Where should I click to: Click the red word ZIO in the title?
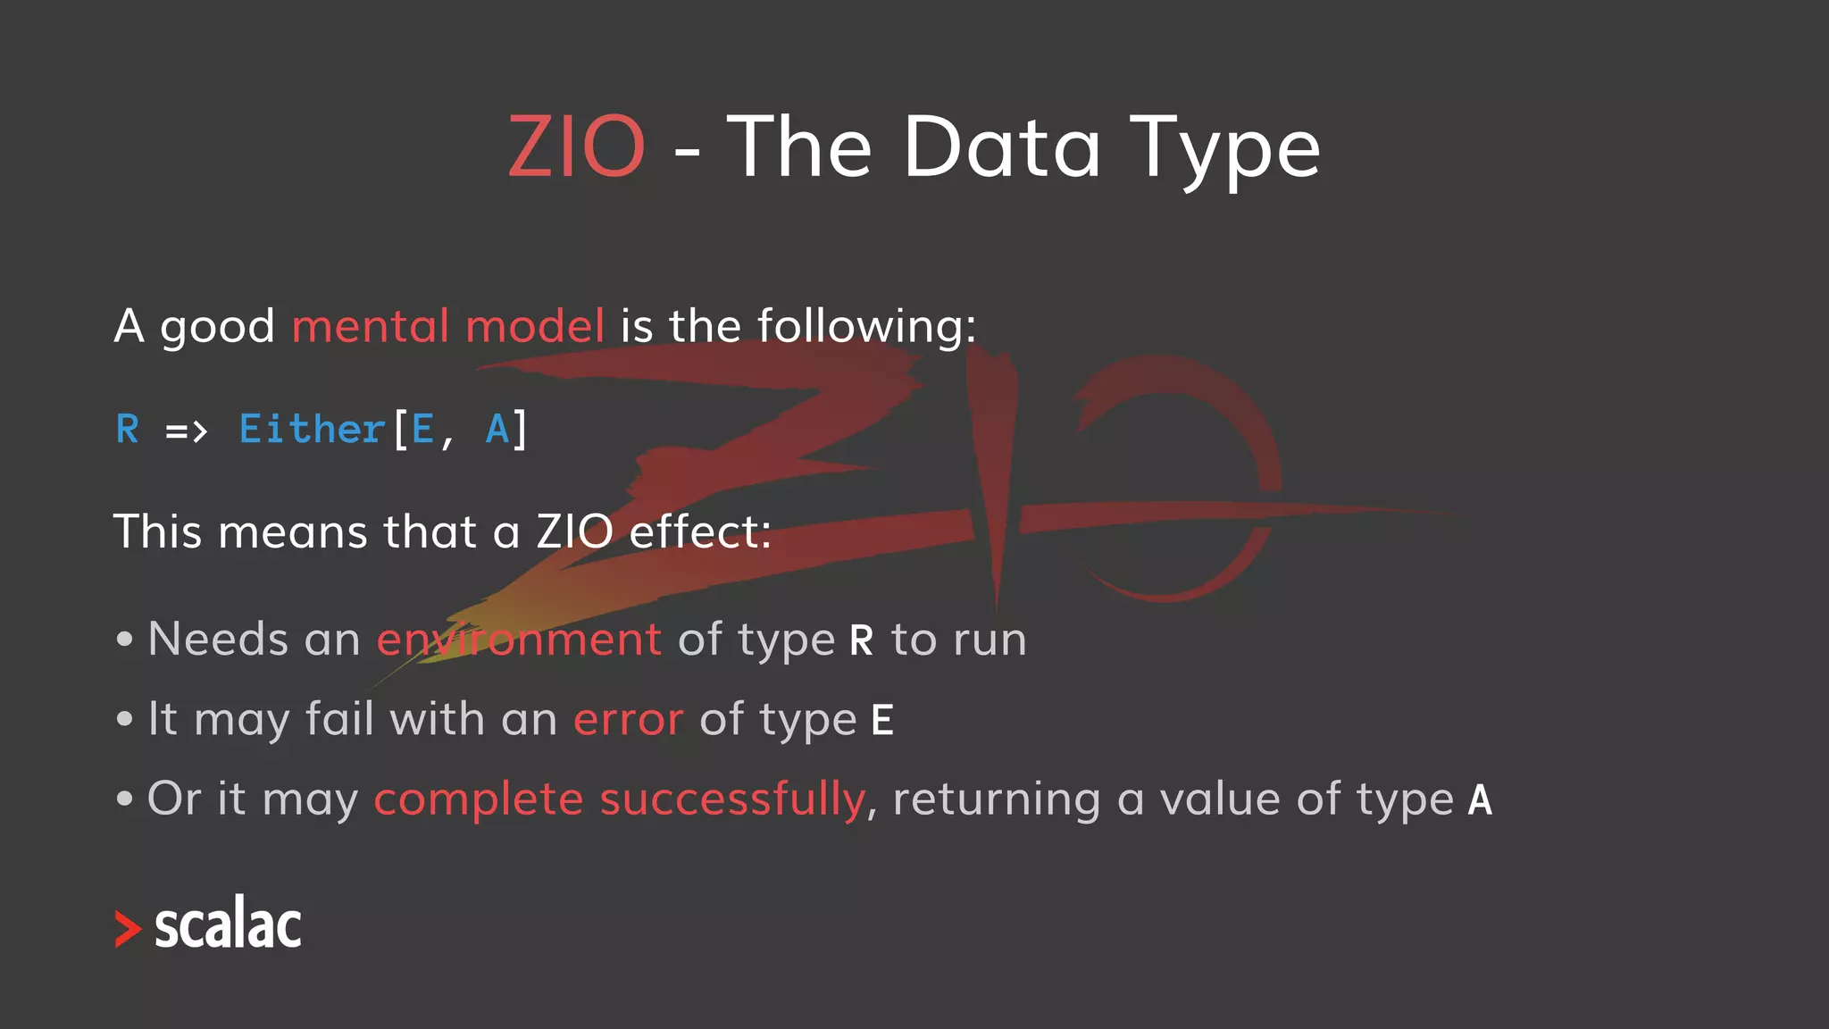pos(576,146)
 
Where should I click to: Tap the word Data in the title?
pos(1002,146)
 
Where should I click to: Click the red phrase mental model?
pos(448,326)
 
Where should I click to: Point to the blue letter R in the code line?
pos(128,430)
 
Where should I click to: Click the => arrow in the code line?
pos(187,432)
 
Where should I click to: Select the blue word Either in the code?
pos(312,430)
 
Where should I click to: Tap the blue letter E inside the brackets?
pos(422,430)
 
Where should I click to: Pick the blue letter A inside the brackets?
pos(497,430)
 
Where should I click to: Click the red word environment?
pos(519,640)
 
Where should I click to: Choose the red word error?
pos(628,720)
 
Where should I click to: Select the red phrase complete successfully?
pos(619,799)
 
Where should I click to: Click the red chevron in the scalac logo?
pos(128,929)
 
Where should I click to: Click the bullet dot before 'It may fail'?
pos(125,719)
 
